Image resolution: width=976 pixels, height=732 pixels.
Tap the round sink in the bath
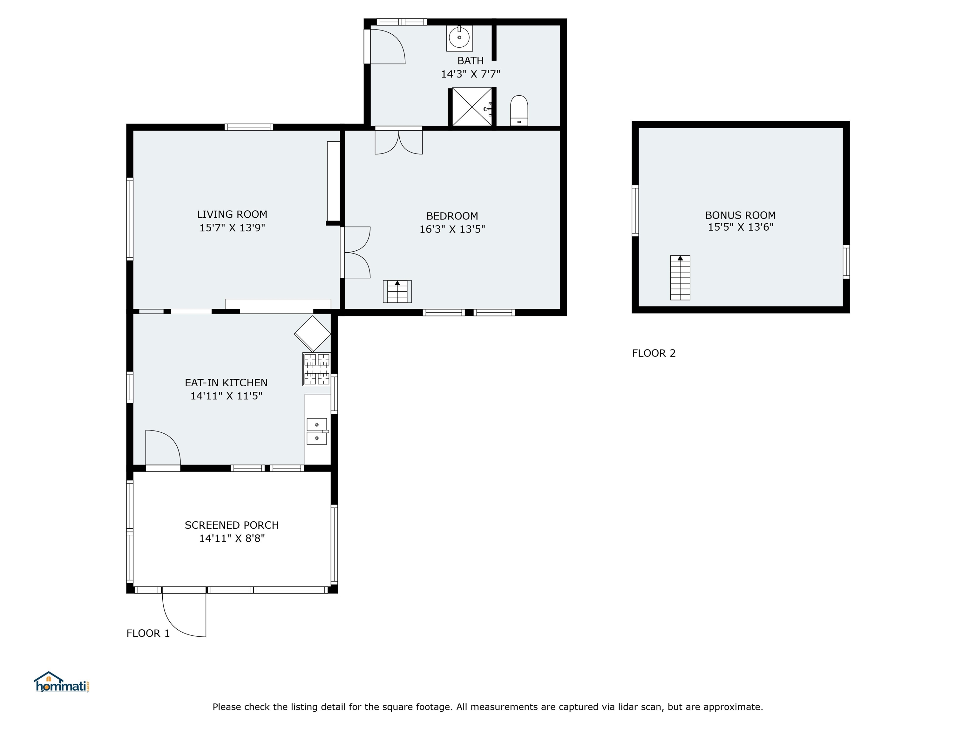tap(459, 38)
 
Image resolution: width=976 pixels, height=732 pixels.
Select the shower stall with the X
tap(472, 107)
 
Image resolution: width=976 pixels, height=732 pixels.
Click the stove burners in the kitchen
tap(317, 369)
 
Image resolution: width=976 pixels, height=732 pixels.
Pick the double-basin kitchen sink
tap(317, 431)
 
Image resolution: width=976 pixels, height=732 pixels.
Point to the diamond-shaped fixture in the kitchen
tap(312, 334)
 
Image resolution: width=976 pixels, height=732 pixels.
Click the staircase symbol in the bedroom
tap(397, 292)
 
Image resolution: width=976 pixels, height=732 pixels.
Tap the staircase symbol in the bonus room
tap(680, 278)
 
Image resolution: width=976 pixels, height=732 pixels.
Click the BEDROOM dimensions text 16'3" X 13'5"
tap(452, 229)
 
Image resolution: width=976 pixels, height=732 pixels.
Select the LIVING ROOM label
tap(232, 214)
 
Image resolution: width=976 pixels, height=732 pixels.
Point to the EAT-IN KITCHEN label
tap(226, 383)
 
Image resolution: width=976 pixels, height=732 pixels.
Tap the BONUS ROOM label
tap(740, 215)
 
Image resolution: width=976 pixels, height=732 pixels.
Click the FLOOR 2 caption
tap(654, 353)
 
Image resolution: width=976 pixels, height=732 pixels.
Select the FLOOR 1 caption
tap(148, 633)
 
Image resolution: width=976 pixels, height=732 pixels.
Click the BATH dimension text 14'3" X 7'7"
tap(471, 74)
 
